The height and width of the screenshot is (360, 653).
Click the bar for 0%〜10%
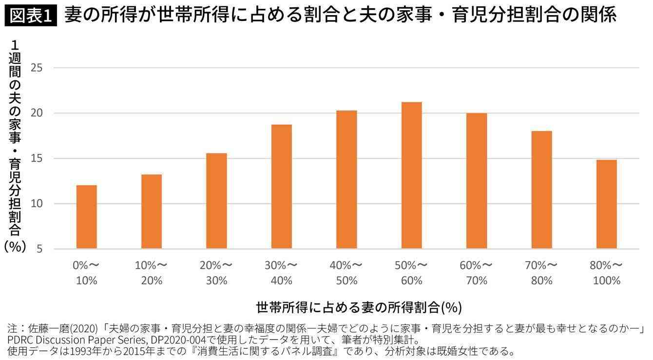pyautogui.click(x=86, y=217)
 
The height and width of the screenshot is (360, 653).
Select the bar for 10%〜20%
pyautogui.click(x=152, y=212)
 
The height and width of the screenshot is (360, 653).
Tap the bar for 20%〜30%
pyautogui.click(x=216, y=201)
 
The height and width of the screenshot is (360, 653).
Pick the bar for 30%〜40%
pyautogui.click(x=282, y=187)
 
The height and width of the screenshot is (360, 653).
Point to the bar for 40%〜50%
pyautogui.click(x=346, y=180)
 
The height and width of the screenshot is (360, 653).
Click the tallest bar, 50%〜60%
pyautogui.click(x=412, y=175)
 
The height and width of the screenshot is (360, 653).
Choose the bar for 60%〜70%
pyautogui.click(x=477, y=181)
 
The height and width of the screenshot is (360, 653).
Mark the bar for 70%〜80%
pyautogui.click(x=542, y=190)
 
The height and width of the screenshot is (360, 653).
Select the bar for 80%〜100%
pyautogui.click(x=607, y=205)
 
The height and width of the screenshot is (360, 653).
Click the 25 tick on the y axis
pyautogui.click(x=37, y=68)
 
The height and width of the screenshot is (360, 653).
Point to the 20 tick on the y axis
pyautogui.click(x=37, y=113)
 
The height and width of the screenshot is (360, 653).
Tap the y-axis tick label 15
pyautogui.click(x=37, y=158)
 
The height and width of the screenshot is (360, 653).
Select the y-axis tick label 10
pyautogui.click(x=37, y=204)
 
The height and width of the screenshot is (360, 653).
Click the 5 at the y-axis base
pyautogui.click(x=39, y=249)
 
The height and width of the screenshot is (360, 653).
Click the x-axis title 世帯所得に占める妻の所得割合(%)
pyautogui.click(x=358, y=307)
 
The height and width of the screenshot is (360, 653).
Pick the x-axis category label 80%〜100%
pyautogui.click(x=607, y=273)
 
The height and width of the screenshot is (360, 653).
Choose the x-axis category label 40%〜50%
pyautogui.click(x=346, y=273)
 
